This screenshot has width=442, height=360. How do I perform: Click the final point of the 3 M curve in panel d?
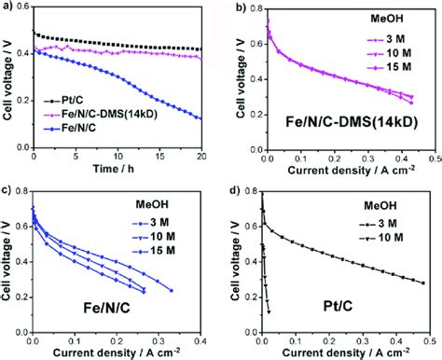point(423,283)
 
